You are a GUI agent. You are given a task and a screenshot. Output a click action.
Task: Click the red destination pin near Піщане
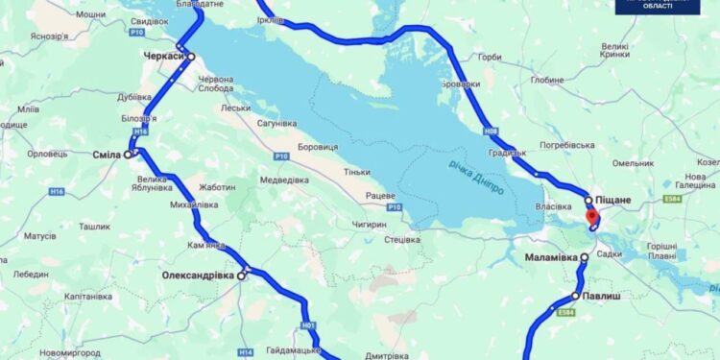[592, 217]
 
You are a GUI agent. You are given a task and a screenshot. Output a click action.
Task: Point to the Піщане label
[613, 199]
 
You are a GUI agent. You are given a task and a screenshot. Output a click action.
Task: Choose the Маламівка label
[551, 258]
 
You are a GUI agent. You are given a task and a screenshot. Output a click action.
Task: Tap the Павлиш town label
[602, 297]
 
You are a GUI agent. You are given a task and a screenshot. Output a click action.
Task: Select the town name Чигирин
[369, 225]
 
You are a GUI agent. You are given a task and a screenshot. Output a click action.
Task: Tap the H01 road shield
[308, 325]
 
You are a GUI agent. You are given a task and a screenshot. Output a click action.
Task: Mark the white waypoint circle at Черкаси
[191, 56]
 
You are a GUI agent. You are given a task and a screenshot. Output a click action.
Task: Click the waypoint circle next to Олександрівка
[242, 276]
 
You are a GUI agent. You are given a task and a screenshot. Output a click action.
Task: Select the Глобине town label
[546, 81]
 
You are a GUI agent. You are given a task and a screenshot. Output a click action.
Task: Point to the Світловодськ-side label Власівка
[554, 205]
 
